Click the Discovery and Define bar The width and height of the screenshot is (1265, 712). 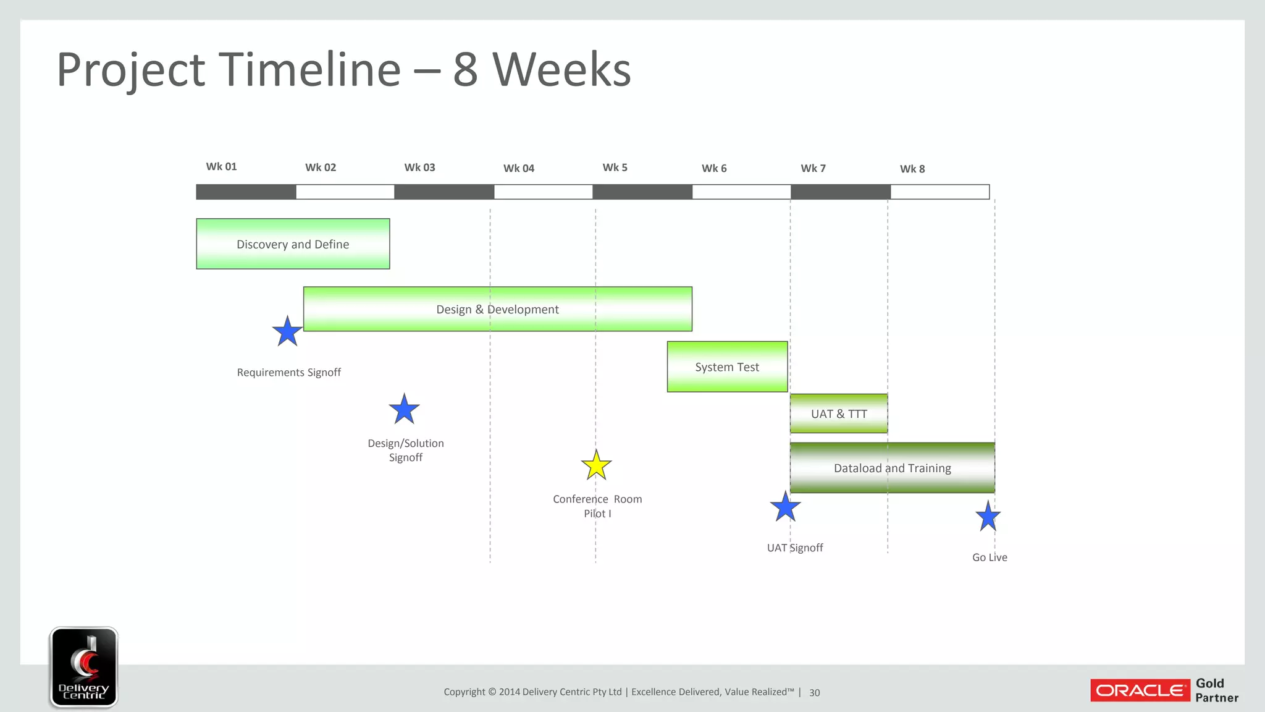(293, 244)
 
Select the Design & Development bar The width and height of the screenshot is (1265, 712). (497, 309)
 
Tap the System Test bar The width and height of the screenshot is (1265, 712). (727, 367)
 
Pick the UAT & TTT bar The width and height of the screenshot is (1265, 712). (839, 413)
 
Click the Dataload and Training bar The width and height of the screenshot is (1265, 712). (892, 468)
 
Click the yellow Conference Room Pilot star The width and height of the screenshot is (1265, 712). (596, 466)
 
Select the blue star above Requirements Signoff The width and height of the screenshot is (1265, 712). (287, 332)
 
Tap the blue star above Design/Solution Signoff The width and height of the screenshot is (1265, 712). (404, 410)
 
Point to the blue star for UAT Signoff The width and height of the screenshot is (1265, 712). (785, 507)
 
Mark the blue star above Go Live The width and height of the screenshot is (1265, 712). (988, 517)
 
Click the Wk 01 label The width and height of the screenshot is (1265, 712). (221, 166)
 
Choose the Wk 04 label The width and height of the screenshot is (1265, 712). (518, 168)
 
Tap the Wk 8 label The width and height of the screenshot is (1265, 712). (912, 169)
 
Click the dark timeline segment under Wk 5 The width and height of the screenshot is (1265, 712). (642, 192)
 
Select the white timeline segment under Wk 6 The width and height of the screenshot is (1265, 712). (741, 192)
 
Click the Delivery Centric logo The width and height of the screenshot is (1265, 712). (83, 667)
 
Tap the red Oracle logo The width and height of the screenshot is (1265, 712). (1140, 690)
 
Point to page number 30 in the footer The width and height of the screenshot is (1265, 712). (814, 693)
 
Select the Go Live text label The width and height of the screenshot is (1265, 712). (989, 557)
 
